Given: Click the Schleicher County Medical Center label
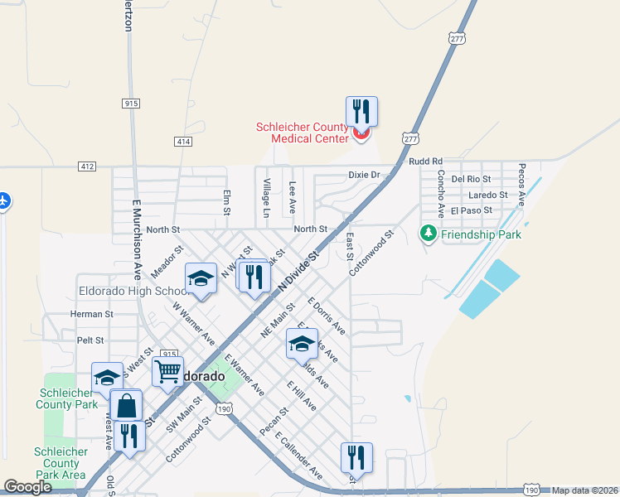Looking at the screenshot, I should [x=302, y=133].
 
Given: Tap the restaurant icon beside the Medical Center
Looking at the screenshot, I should [x=361, y=111].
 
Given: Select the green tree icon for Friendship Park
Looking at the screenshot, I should [x=429, y=234].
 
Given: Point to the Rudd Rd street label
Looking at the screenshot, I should [x=425, y=161].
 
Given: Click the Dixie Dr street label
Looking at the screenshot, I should [x=363, y=175].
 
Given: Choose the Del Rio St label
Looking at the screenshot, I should [x=472, y=179].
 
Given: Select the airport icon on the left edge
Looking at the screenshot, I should [x=4, y=201].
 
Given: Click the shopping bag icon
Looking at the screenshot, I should [x=125, y=407].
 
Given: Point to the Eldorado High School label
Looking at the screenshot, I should [x=133, y=292].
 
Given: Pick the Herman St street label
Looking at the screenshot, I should [x=91, y=315].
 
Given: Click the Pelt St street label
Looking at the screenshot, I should [x=90, y=340].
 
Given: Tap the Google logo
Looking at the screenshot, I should [x=27, y=488].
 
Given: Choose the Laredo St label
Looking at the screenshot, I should [x=487, y=195].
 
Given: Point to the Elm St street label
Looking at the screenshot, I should [x=226, y=203].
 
